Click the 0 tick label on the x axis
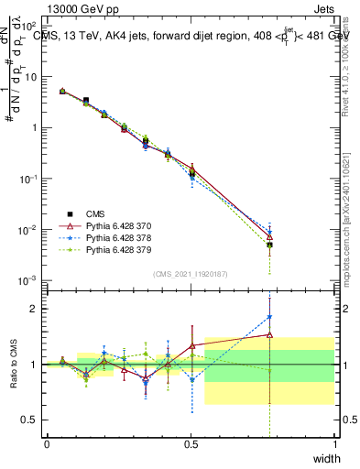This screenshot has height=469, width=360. (47, 444)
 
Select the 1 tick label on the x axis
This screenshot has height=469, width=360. (335, 444)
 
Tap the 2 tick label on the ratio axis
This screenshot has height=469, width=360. (35, 309)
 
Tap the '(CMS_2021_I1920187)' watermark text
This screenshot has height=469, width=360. (191, 273)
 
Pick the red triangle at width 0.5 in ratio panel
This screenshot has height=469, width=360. (191, 346)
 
